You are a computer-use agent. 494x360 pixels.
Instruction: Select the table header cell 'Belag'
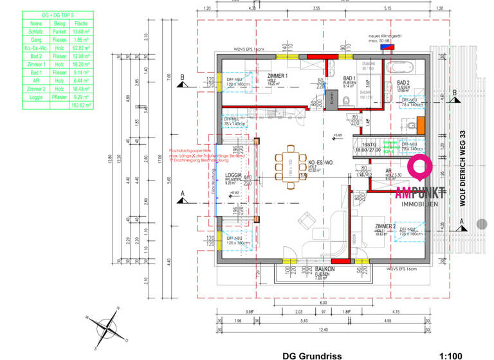(60, 22)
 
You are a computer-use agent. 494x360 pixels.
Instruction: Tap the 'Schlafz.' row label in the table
(36, 31)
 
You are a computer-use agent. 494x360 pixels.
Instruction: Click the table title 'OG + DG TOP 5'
(58, 14)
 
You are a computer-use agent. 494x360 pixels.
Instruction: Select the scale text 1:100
(450, 355)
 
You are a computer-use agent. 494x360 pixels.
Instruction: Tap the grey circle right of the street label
(482, 224)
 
